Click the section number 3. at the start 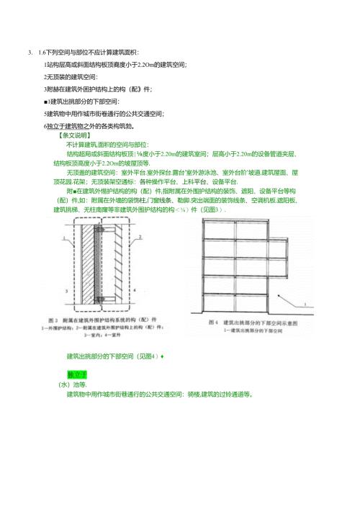pos(30,53)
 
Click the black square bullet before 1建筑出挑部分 pos(46,101)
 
